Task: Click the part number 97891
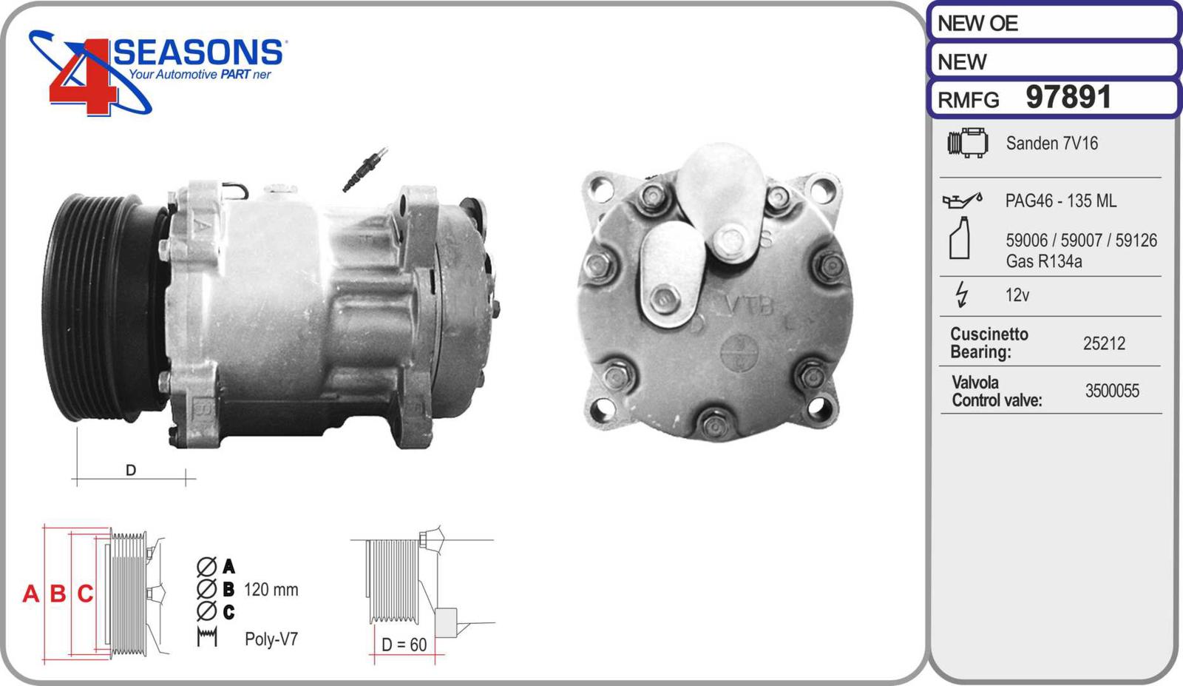(x=1068, y=97)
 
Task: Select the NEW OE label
(x=977, y=23)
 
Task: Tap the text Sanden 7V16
(x=1051, y=144)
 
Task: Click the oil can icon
(x=962, y=201)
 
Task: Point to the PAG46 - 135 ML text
(x=1060, y=201)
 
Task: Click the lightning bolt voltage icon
(x=962, y=294)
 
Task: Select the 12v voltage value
(x=1017, y=295)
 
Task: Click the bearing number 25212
(x=1104, y=343)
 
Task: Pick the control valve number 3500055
(x=1112, y=391)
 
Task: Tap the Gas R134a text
(x=1043, y=261)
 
